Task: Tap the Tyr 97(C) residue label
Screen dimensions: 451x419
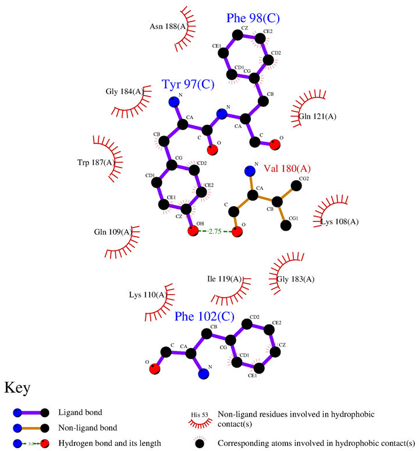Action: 188,85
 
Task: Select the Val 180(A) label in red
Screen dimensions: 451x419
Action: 287,169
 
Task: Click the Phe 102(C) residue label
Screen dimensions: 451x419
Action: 204,317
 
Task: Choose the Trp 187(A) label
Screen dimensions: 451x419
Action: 95,162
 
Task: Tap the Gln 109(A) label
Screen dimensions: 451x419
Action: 113,232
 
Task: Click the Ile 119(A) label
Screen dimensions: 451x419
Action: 225,279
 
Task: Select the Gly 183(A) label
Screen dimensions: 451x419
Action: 296,279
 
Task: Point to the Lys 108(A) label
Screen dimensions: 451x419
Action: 340,221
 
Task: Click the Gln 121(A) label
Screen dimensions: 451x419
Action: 317,117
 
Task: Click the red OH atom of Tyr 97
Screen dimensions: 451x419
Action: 193,232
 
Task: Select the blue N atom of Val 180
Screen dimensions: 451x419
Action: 250,171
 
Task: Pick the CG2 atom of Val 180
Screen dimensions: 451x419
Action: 296,185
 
